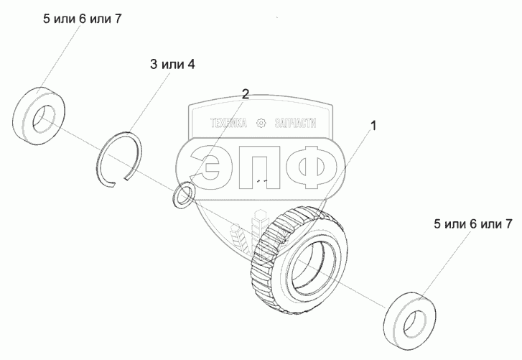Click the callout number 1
coord(372,126)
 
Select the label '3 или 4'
coord(172,64)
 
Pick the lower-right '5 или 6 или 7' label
coord(472,224)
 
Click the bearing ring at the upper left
coord(40,113)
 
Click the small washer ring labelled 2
coord(184,194)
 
